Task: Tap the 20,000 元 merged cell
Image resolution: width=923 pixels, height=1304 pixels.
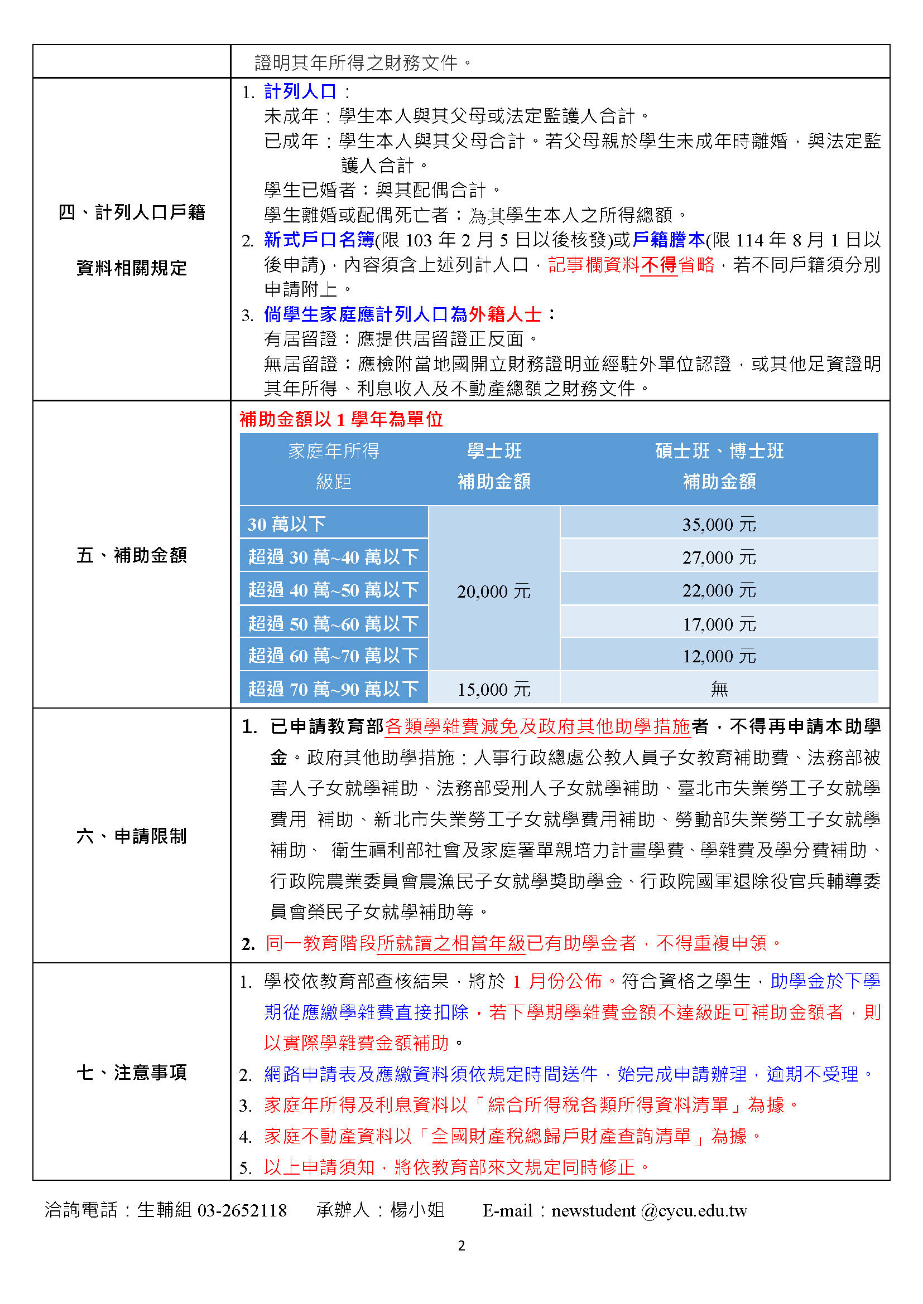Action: click(x=493, y=591)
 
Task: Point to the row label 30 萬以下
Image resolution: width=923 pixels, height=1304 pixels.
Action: click(x=286, y=523)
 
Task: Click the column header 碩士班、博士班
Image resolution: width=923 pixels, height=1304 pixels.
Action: click(x=719, y=451)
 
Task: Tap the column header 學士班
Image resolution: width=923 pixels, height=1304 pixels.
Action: click(x=494, y=451)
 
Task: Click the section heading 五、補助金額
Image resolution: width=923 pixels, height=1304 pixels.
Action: click(x=132, y=555)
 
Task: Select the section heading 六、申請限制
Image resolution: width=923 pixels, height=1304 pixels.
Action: click(x=132, y=836)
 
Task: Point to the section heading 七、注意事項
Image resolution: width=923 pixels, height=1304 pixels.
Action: click(x=132, y=1072)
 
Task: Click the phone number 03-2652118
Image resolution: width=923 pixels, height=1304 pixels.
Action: click(x=242, y=1210)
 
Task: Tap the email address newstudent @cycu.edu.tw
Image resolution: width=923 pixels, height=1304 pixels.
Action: click(x=648, y=1210)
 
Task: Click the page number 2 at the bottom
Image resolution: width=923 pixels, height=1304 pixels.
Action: click(x=461, y=1245)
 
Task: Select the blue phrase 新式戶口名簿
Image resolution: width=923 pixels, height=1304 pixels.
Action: click(x=319, y=240)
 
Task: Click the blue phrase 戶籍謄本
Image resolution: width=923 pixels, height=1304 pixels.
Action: click(x=669, y=240)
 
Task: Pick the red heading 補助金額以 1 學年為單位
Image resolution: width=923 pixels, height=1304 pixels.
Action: click(x=341, y=419)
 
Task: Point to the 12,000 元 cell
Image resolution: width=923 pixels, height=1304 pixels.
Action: click(x=719, y=656)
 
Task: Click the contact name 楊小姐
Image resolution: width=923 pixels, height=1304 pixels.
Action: click(x=417, y=1210)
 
